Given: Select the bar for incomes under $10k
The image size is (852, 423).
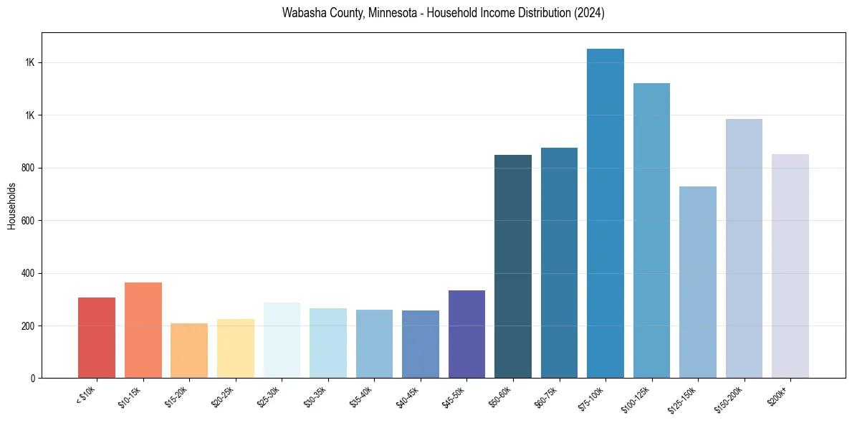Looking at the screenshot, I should [97, 338].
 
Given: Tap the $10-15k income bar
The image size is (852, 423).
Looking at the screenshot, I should [143, 331].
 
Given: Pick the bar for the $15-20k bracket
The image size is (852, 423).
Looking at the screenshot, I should [189, 351].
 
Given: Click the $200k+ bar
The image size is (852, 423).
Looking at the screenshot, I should [790, 266].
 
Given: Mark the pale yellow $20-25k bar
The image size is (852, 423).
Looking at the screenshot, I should [235, 348].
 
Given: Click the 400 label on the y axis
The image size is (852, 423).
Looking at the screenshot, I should [29, 273].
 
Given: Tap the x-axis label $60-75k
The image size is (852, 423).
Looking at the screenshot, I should [547, 397].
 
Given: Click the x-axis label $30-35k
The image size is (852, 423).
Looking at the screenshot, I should [315, 397].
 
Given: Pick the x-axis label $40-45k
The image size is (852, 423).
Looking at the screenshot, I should [408, 397].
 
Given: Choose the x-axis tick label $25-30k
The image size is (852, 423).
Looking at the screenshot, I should [269, 397].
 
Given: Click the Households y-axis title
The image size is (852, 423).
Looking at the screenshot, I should [11, 206].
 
